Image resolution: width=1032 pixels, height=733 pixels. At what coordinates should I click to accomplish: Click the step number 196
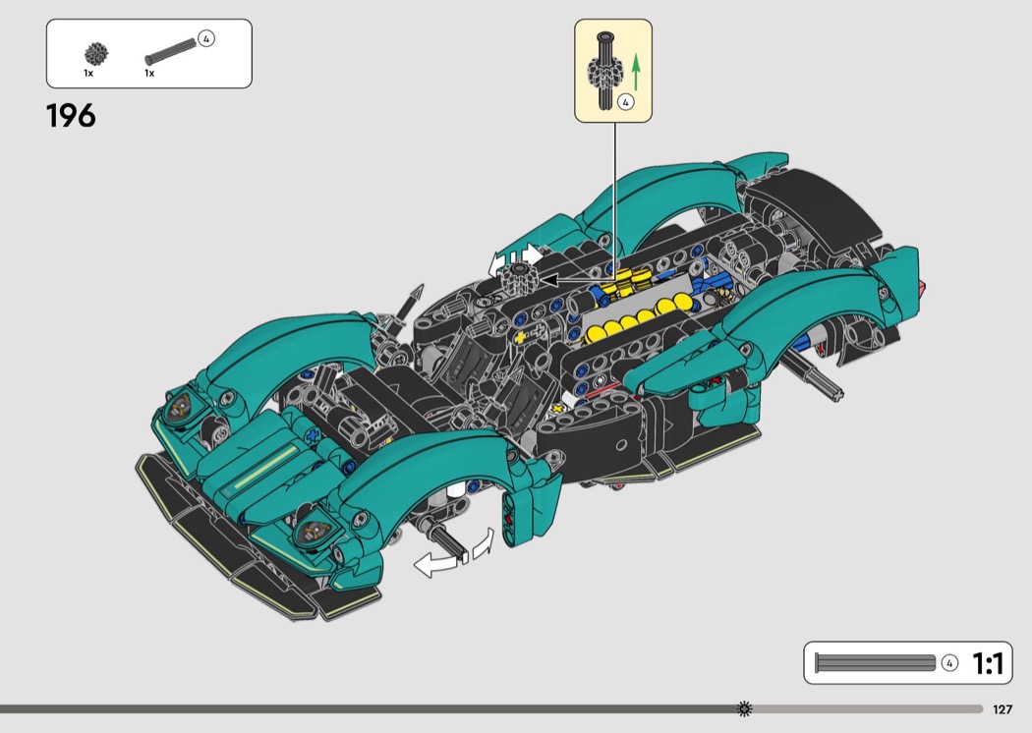(x=71, y=116)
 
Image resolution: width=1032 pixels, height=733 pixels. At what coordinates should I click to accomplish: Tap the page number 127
(x=1003, y=709)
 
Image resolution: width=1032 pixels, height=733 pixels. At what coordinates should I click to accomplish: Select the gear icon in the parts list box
(x=96, y=54)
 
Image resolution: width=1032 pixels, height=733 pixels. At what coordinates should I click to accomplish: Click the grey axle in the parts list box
(x=170, y=51)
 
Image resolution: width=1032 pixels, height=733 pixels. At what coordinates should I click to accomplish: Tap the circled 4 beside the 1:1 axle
(x=949, y=663)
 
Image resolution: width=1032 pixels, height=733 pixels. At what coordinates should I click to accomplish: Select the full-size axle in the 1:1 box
(x=876, y=663)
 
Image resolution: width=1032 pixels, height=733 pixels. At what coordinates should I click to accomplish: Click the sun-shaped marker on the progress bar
(x=744, y=708)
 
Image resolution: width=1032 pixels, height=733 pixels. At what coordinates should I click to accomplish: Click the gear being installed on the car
(x=519, y=277)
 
